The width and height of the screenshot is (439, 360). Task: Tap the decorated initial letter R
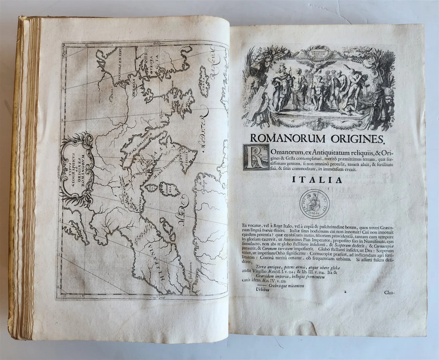point(256,157)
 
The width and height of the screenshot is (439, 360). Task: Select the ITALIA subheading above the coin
point(317,180)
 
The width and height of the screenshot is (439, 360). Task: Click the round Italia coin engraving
point(315,204)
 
